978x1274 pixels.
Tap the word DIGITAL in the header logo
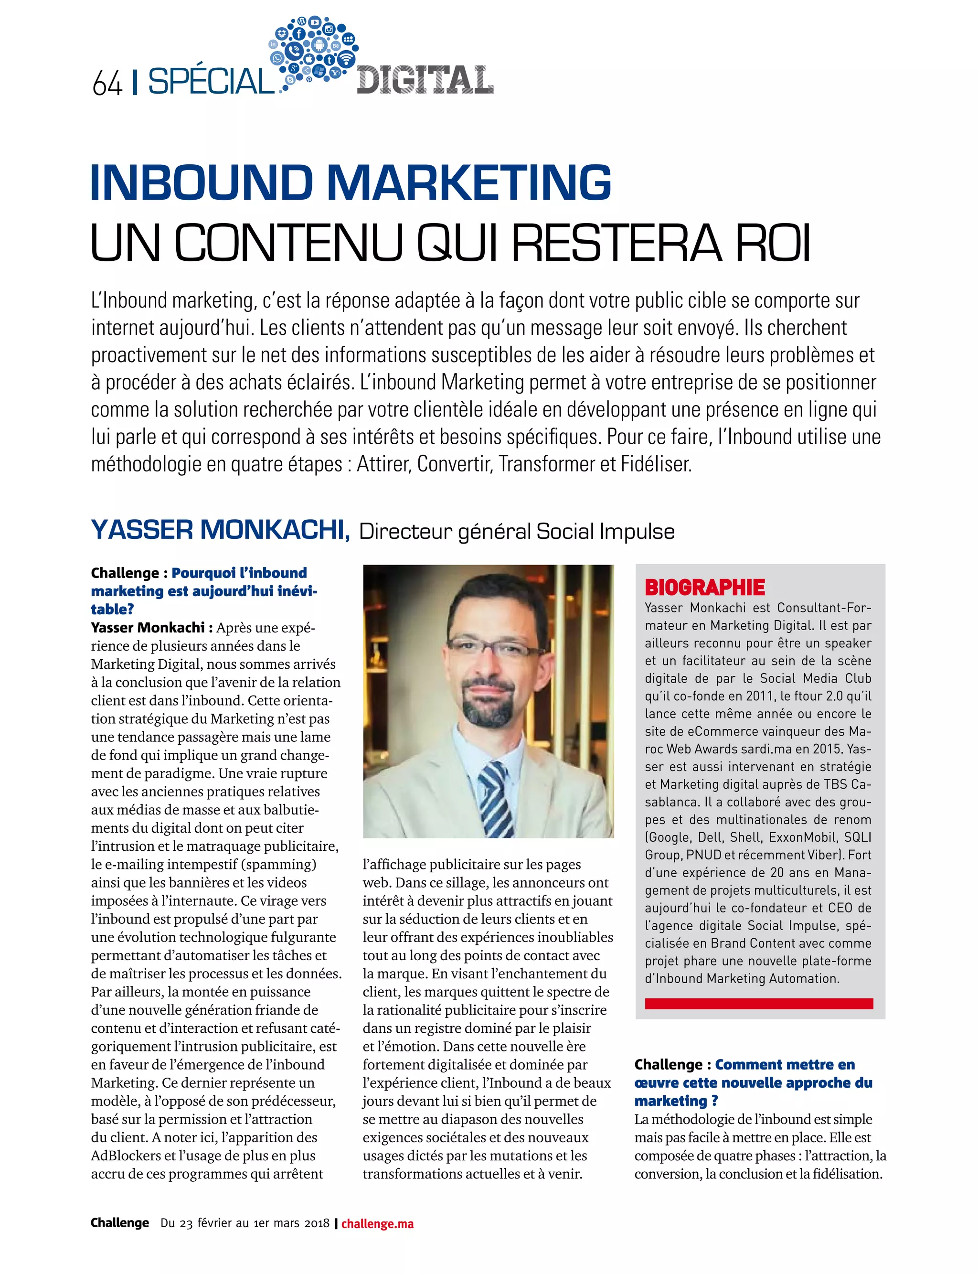(x=425, y=80)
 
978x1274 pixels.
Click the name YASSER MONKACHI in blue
(x=220, y=530)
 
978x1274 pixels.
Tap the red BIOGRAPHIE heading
(x=704, y=588)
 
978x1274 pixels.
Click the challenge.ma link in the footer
(x=377, y=1223)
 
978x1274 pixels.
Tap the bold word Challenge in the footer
(x=120, y=1223)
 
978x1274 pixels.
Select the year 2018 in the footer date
(x=316, y=1223)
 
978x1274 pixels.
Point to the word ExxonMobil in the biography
(x=805, y=837)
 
